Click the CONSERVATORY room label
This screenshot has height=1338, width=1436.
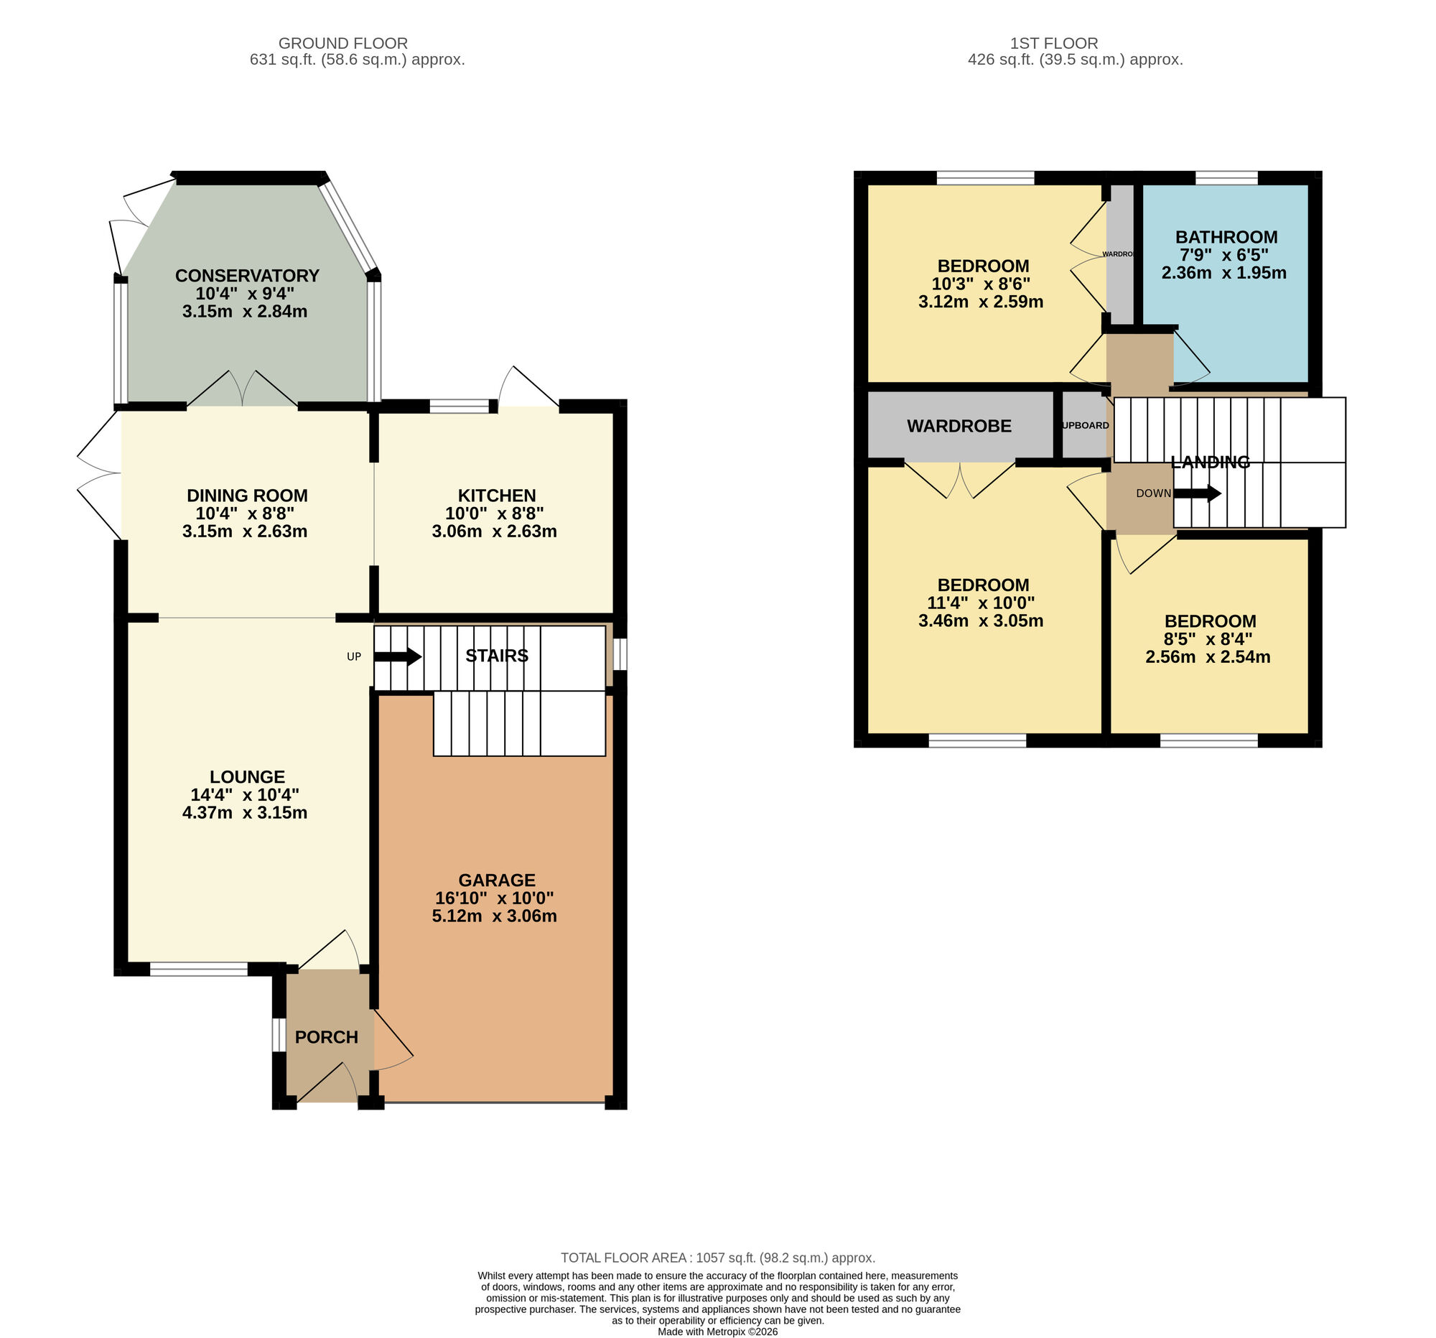click(247, 275)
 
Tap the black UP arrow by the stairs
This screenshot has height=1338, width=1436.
click(398, 656)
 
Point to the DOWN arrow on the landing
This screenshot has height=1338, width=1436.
click(1197, 494)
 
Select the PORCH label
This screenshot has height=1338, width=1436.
click(327, 1037)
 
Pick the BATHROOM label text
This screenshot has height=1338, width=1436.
click(1226, 237)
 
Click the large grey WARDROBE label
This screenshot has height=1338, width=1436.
click(959, 427)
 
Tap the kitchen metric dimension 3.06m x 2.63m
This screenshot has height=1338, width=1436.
click(494, 531)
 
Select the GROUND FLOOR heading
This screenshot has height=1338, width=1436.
click(343, 43)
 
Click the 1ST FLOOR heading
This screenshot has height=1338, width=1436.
click(1054, 43)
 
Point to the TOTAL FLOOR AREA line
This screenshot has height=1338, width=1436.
click(717, 1258)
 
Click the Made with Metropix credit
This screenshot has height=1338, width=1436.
click(717, 1332)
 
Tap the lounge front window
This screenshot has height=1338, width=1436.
click(199, 969)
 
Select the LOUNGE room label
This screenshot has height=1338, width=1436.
click(247, 776)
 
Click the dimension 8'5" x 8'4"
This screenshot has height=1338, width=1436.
click(1208, 639)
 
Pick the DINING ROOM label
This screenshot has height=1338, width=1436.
click(247, 496)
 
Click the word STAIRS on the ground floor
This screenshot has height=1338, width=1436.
click(496, 655)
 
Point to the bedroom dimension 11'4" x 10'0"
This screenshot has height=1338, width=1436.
click(980, 603)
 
